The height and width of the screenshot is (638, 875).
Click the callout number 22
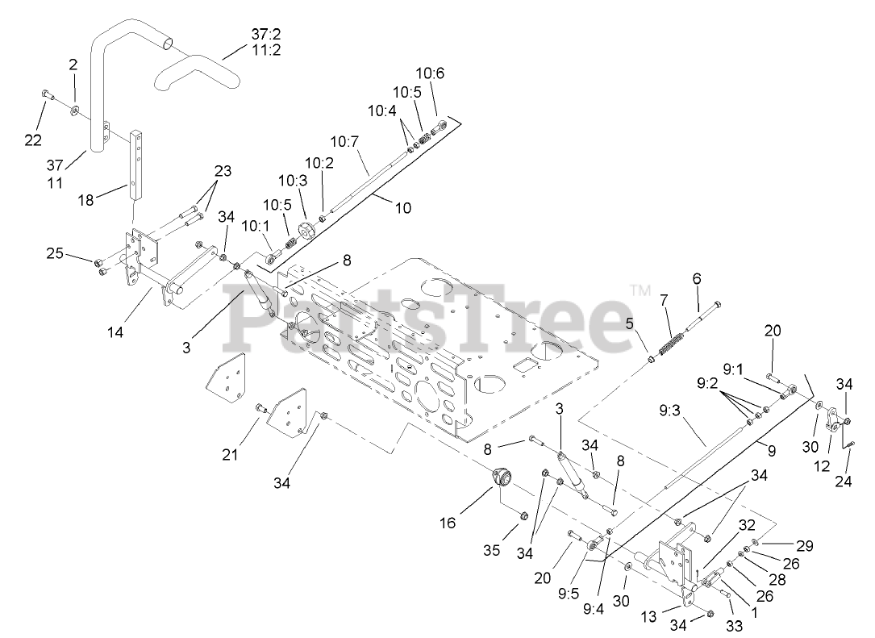click(x=32, y=140)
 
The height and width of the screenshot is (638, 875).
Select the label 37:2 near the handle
click(x=260, y=34)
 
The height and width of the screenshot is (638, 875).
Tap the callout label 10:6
click(x=430, y=73)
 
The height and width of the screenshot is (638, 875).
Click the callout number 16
click(x=448, y=523)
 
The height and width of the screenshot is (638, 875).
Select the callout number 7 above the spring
click(x=664, y=300)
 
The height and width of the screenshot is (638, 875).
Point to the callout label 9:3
click(x=669, y=410)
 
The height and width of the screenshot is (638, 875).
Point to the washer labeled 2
click(x=74, y=109)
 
